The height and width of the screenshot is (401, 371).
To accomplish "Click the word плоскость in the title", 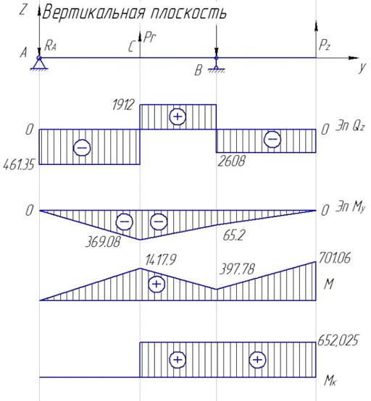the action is pos(188,13).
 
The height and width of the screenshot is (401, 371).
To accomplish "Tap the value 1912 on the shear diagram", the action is pos(123,105).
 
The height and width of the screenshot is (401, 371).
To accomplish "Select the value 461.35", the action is pos(19,165).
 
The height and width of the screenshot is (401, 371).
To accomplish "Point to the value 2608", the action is pos(231,161).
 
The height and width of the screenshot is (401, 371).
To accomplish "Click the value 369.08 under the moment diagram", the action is pos(102,242).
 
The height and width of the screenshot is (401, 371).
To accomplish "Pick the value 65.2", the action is pos(234,235).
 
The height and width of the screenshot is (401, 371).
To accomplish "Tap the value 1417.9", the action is pos(161,260).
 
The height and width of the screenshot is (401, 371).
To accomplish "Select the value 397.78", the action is pos(237,269).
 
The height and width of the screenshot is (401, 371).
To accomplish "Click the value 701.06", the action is pos(334,258).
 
